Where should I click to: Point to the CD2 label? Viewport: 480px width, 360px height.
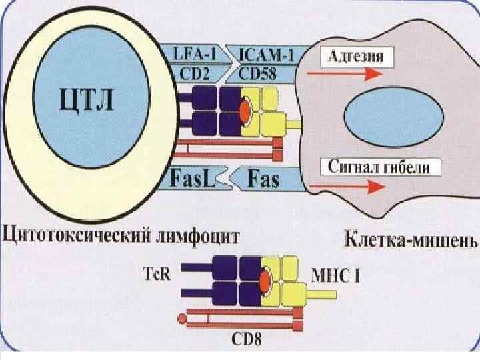click(x=195, y=72)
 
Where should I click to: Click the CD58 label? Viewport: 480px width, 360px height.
click(x=262, y=72)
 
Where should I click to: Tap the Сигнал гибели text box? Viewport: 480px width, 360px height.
click(x=380, y=167)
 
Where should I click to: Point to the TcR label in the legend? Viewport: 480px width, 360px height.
click(x=157, y=272)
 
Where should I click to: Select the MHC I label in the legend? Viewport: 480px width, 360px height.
click(x=336, y=273)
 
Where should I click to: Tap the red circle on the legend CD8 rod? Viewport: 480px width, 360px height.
click(x=181, y=318)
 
